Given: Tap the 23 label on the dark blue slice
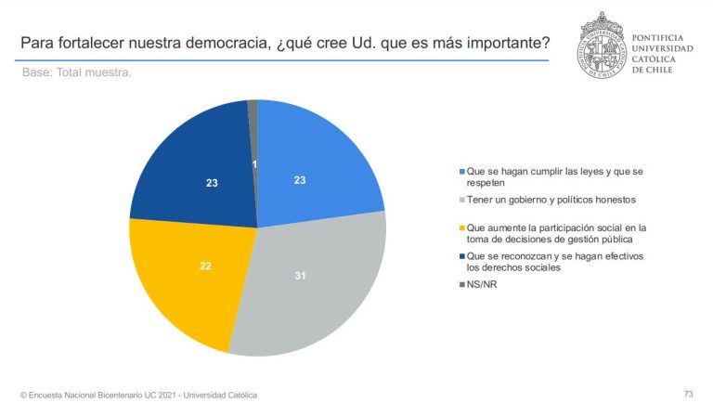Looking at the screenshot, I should [x=213, y=183].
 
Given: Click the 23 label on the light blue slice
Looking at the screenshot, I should [x=300, y=180].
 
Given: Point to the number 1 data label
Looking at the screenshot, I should [x=255, y=164].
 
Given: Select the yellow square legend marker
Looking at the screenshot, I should [x=462, y=226].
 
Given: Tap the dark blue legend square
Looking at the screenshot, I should [x=462, y=256].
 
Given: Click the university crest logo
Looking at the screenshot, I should [x=601, y=45].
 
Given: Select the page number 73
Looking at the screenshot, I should [x=688, y=393].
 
